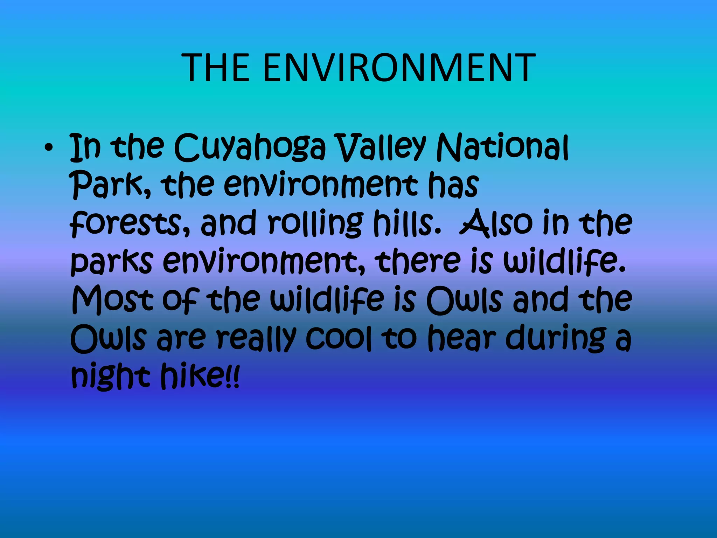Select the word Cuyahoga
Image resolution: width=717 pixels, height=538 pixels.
tap(249, 149)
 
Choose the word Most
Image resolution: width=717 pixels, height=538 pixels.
tap(113, 300)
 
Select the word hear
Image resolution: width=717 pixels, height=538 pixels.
tap(462, 338)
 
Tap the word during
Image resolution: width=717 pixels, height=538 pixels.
tap(556, 338)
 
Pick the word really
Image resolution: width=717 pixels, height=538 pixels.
tap(256, 338)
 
